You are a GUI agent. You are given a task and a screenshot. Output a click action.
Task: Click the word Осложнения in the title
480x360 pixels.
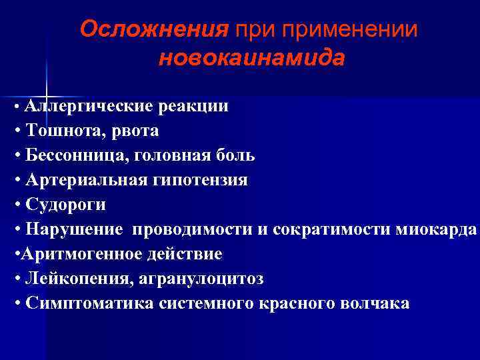pos(153,29)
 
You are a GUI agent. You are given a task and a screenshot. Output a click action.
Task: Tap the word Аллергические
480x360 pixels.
pos(90,106)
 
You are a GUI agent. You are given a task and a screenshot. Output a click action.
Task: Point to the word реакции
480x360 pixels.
pos(196,106)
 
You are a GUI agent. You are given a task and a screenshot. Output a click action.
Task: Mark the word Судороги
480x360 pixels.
pos(64,205)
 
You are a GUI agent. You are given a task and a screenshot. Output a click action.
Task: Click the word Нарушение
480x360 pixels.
pos(73,229)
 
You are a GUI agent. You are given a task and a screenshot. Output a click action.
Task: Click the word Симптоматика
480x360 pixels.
pos(87,303)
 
